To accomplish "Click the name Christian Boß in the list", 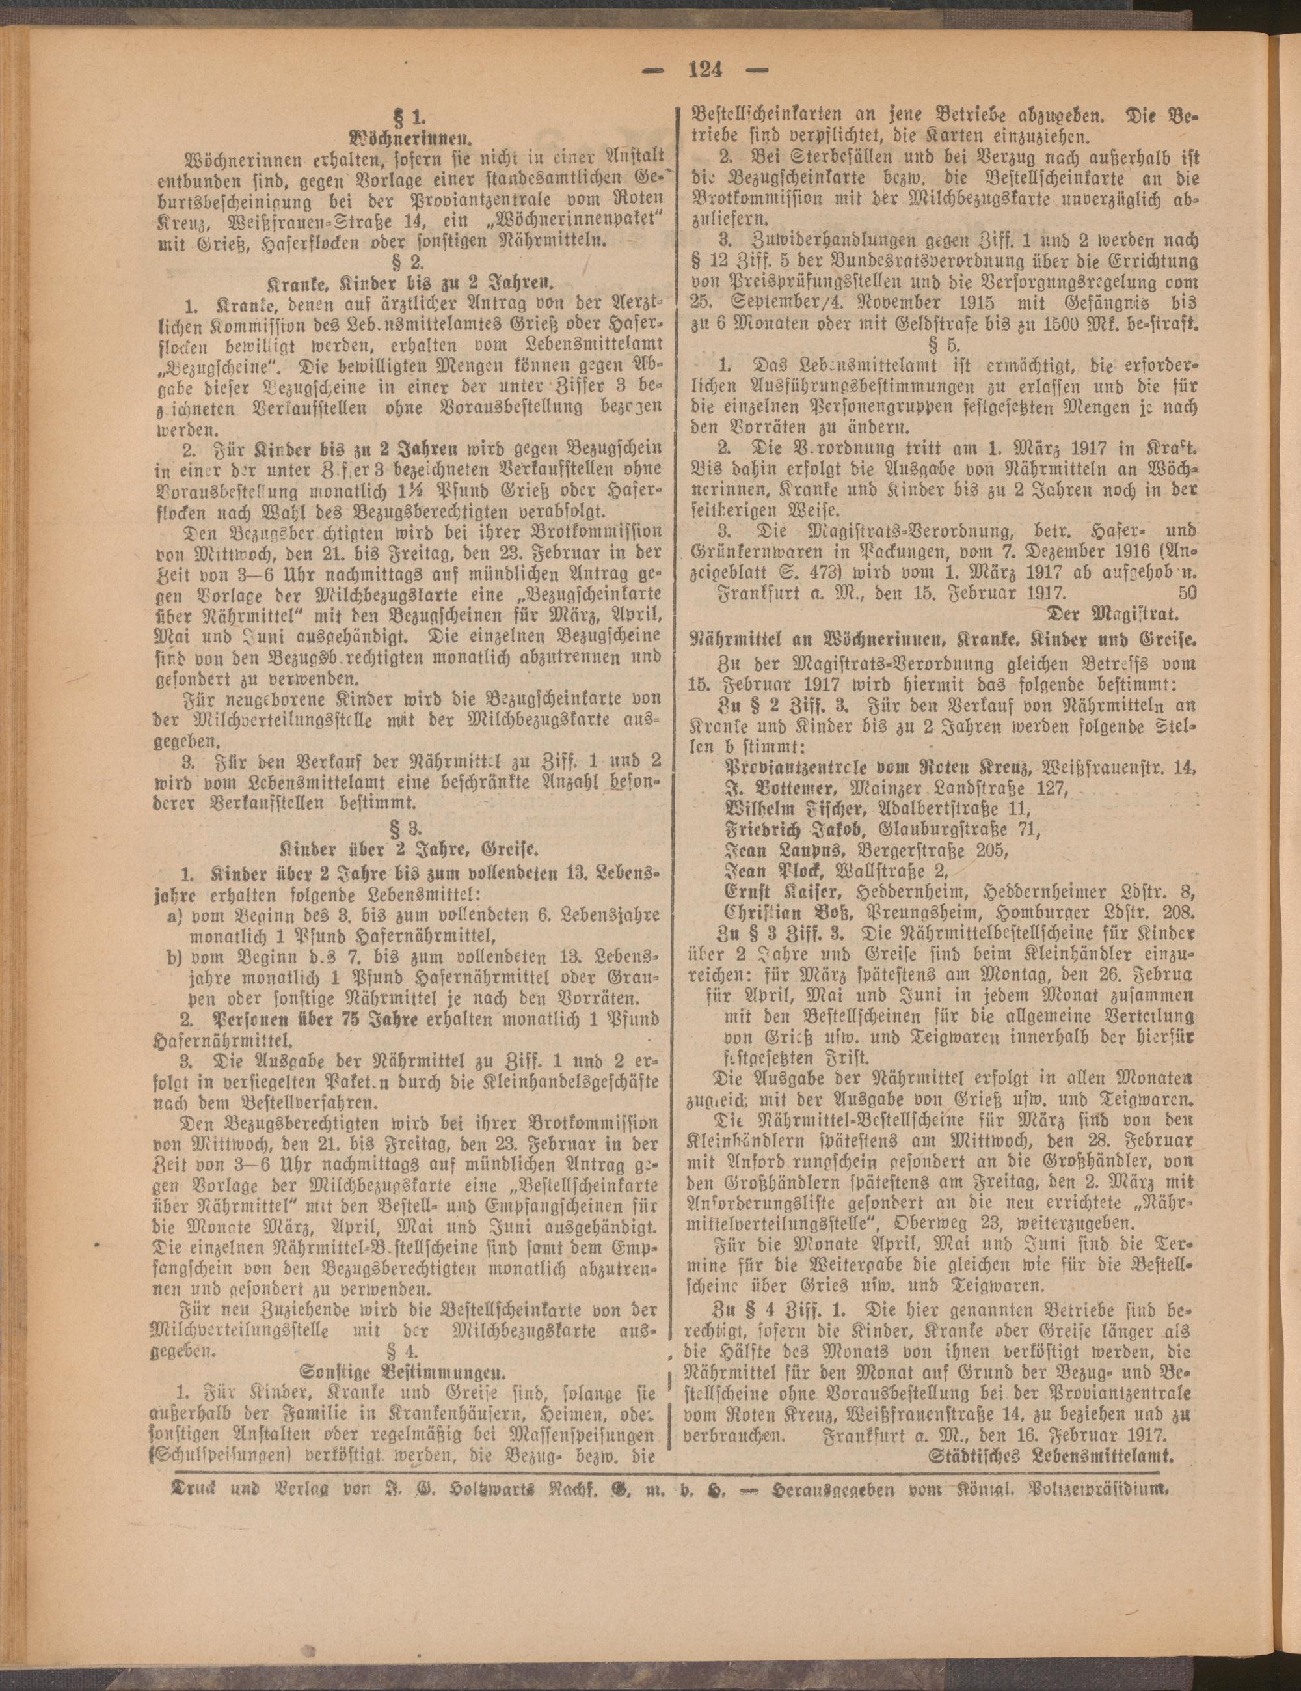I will click(786, 911).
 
